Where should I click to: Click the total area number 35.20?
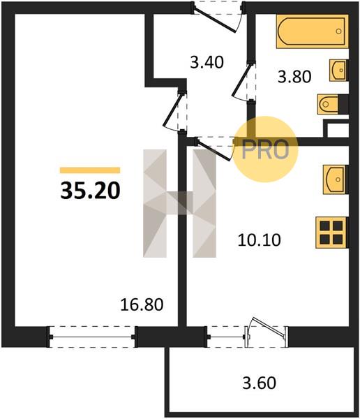(x=90, y=191)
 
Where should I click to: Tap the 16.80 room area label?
(x=142, y=304)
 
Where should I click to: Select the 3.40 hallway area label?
(x=207, y=63)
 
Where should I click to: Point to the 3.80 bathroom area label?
(x=294, y=77)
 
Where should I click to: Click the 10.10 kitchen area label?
(x=259, y=240)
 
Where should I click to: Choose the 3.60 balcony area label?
(x=259, y=383)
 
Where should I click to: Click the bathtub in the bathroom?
(x=312, y=31)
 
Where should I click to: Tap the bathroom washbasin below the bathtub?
(x=338, y=70)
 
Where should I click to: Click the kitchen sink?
(x=335, y=179)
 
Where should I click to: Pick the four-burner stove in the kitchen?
(x=331, y=233)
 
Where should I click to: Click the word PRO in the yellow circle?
(x=265, y=149)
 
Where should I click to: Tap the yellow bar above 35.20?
(x=90, y=170)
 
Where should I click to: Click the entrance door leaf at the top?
(x=214, y=21)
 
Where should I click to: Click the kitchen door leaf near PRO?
(x=213, y=150)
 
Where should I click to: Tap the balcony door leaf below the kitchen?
(x=268, y=327)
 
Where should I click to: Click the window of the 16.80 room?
(x=91, y=337)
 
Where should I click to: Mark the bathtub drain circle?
(x=338, y=31)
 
